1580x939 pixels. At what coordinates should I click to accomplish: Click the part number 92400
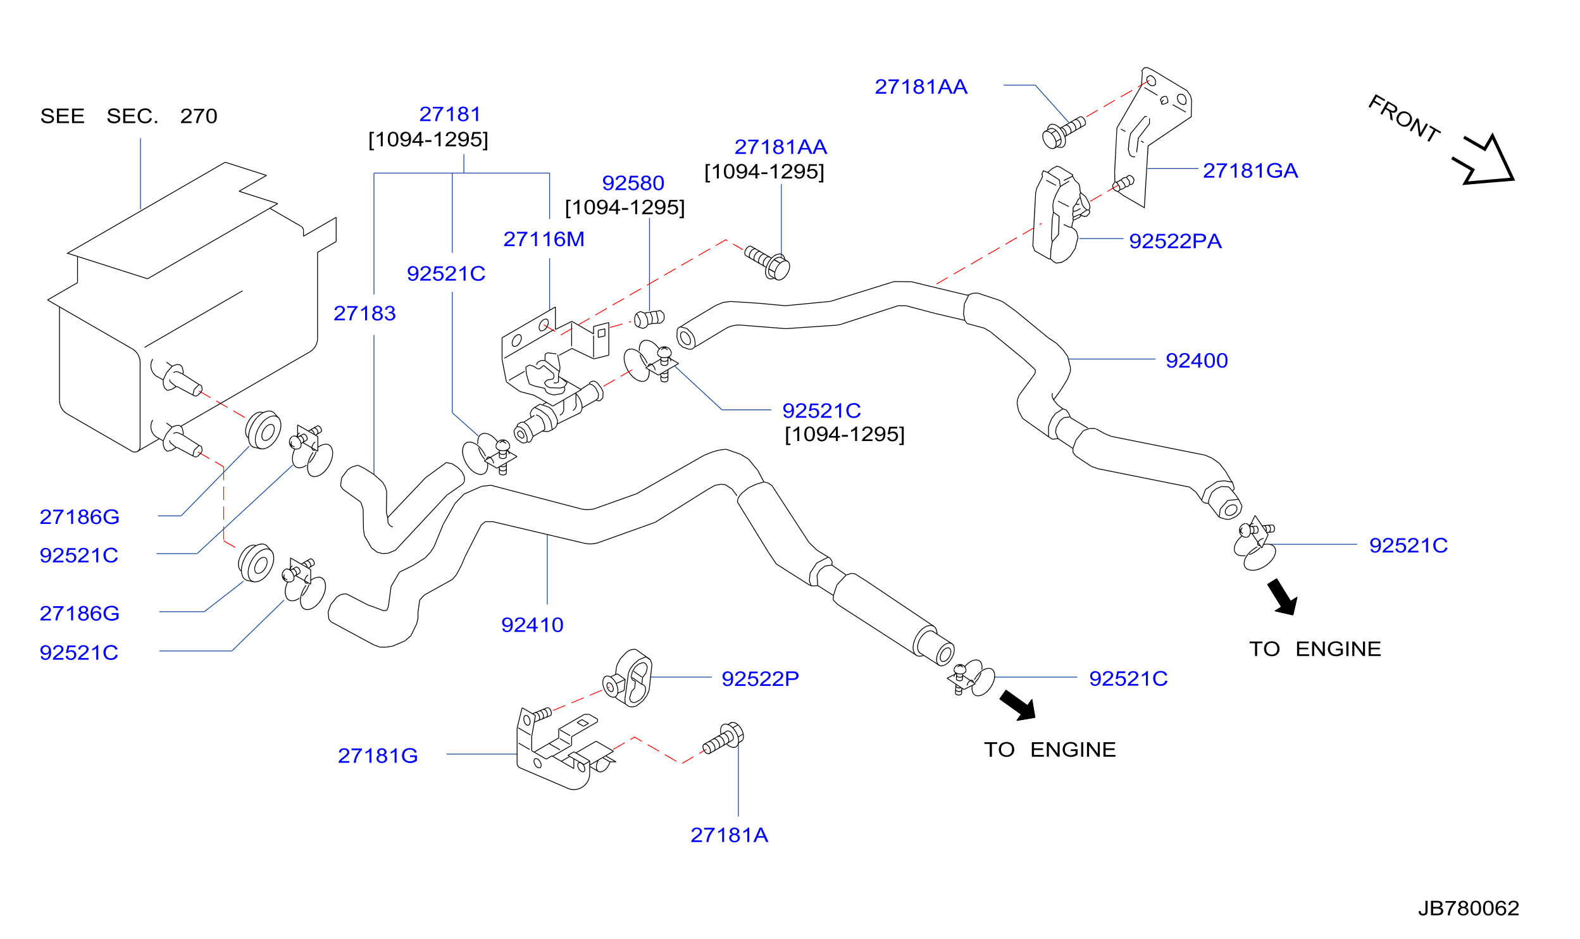point(1196,361)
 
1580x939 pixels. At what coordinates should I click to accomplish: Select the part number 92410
point(532,625)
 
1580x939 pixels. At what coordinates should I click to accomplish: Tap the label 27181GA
point(1250,171)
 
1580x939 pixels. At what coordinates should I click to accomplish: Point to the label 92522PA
point(1175,241)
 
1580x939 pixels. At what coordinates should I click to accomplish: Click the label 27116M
point(544,239)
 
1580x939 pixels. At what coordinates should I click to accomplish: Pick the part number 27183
point(364,313)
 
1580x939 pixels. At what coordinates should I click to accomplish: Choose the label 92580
point(633,183)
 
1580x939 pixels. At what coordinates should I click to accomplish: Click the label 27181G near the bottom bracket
point(378,756)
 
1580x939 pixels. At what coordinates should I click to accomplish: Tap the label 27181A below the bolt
point(729,835)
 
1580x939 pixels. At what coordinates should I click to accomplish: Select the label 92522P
point(760,679)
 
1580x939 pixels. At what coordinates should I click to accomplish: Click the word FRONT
point(1404,118)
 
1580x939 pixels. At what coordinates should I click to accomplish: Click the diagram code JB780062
point(1468,909)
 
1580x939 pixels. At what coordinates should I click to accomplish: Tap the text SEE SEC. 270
point(128,116)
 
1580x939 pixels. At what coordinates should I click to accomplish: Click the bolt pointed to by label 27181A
point(723,738)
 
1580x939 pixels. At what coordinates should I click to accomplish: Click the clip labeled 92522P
point(628,680)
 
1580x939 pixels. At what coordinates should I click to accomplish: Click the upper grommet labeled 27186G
point(263,430)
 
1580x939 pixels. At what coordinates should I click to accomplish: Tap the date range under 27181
point(428,140)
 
